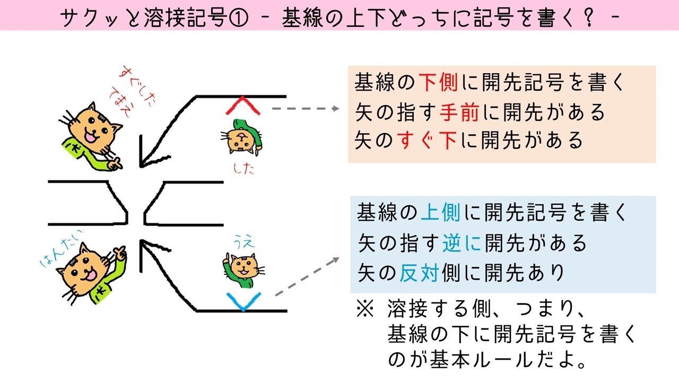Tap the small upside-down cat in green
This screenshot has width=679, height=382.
[241, 137]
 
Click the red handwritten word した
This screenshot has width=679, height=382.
[243, 169]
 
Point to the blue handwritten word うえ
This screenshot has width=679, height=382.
[245, 242]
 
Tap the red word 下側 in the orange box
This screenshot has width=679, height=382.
[438, 82]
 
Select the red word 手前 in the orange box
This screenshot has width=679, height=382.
[459, 112]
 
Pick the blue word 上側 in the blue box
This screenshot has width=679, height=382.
[441, 213]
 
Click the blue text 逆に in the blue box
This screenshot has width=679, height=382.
[462, 243]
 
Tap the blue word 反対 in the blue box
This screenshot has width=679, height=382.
[419, 273]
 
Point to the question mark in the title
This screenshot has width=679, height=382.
[589, 18]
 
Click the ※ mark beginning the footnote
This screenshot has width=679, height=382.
[365, 309]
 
